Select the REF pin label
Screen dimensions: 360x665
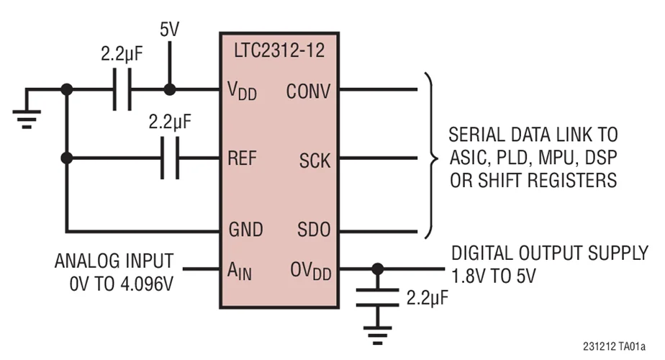pyautogui.click(x=243, y=159)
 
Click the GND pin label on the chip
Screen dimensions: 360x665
pyautogui.click(x=244, y=230)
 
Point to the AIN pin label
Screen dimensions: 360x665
pyautogui.click(x=240, y=271)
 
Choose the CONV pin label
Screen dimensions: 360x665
pyautogui.click(x=308, y=91)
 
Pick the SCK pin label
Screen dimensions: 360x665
pyautogui.click(x=315, y=160)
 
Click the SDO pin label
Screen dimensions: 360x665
pyautogui.click(x=314, y=230)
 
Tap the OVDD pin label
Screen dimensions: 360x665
pyautogui.click(x=310, y=271)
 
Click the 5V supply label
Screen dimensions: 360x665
pyautogui.click(x=170, y=31)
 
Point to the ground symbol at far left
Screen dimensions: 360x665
pyautogui.click(x=27, y=112)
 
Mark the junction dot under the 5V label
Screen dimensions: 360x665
pyautogui.click(x=170, y=90)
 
